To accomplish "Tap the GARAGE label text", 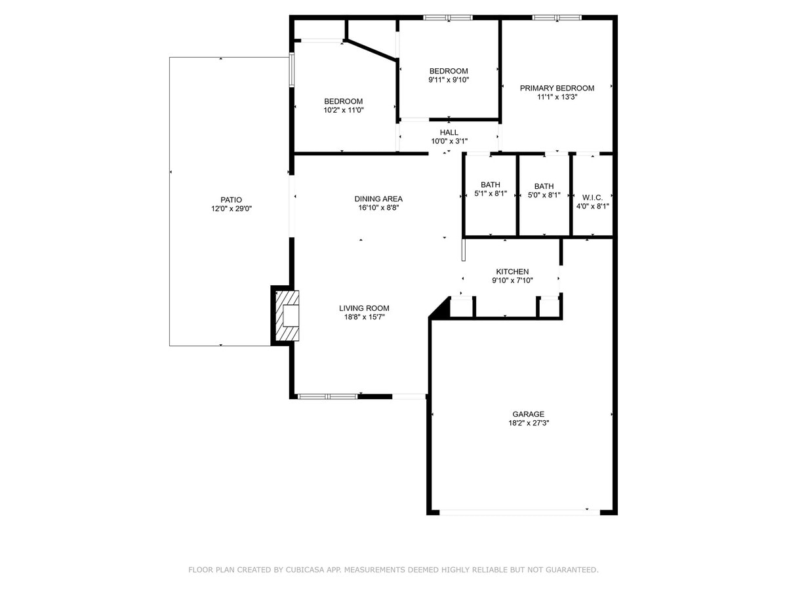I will [528, 414].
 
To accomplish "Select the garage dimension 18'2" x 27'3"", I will [528, 423].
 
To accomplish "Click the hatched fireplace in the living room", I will [287, 317].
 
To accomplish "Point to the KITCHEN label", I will [512, 271].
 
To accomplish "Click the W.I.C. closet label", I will [592, 197].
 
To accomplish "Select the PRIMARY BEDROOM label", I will [557, 88].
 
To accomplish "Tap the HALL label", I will [449, 132].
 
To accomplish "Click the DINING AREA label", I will [378, 199].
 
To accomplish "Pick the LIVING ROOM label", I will [364, 308].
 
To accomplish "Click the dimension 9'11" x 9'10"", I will [449, 80].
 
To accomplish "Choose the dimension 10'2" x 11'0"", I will [343, 110].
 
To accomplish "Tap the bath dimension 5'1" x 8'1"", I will [490, 194].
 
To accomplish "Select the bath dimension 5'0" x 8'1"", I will [544, 195].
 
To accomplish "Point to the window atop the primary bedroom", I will [557, 18].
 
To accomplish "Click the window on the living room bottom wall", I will [327, 397].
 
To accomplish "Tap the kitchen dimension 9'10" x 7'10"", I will [512, 281].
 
